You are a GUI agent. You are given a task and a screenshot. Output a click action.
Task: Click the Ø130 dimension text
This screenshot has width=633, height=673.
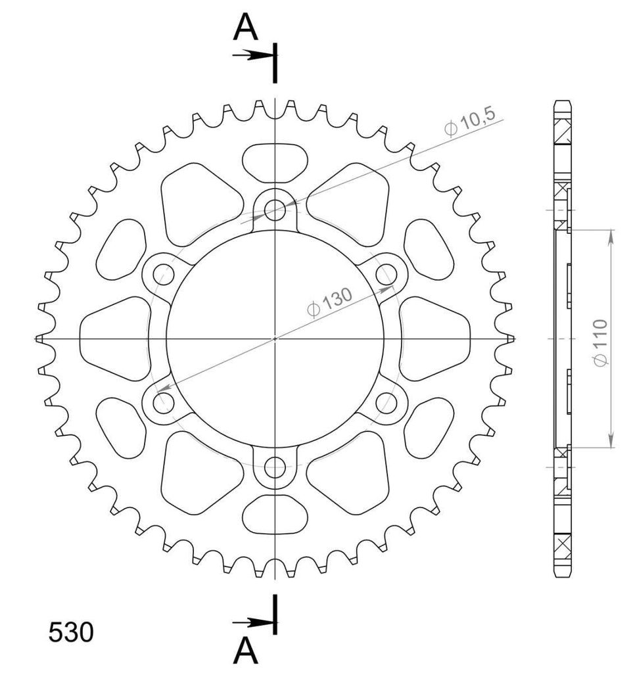coord(329,302)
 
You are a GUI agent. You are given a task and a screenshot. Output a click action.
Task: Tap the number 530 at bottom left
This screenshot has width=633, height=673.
coord(71,632)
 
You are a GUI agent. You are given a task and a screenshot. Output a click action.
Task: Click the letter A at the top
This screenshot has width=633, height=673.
coord(245,26)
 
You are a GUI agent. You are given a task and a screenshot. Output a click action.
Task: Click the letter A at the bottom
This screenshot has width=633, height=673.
coord(245,651)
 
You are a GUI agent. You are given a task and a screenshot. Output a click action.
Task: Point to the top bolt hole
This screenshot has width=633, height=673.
coord(275,210)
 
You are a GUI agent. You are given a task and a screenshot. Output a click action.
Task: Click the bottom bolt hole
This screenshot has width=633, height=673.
coord(275,467)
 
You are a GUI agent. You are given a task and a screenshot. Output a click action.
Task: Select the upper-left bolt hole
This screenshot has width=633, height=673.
coord(164,274)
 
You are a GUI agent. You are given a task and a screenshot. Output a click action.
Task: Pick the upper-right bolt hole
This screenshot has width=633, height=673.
coord(387,274)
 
